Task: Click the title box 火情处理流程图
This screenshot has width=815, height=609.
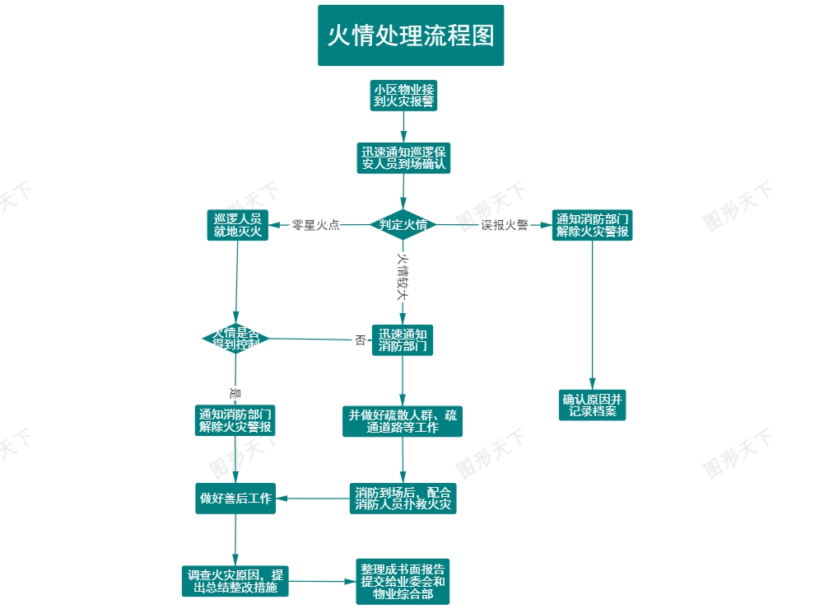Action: pos(411,35)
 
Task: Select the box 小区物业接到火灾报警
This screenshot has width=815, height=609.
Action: pos(404,96)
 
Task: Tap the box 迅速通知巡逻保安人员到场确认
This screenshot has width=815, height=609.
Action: pos(403,157)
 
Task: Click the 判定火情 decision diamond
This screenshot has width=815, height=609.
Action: pos(403,224)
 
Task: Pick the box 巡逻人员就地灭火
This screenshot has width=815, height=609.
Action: pos(237,225)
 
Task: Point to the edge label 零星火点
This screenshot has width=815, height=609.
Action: pos(315,225)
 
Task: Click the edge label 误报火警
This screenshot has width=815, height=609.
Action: pos(505,225)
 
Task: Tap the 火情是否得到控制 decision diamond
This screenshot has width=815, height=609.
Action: pos(236,338)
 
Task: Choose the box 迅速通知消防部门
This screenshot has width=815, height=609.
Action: pos(403,340)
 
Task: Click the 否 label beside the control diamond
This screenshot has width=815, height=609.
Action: pos(360,340)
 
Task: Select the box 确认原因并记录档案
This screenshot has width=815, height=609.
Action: pos(592,405)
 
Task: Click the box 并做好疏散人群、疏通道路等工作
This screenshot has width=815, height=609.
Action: pos(403,421)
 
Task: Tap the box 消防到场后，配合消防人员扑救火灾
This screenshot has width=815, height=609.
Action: pos(403,499)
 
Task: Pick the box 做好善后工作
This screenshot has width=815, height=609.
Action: pos(235,499)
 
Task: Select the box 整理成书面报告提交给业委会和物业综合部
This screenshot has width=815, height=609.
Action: pos(403,581)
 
